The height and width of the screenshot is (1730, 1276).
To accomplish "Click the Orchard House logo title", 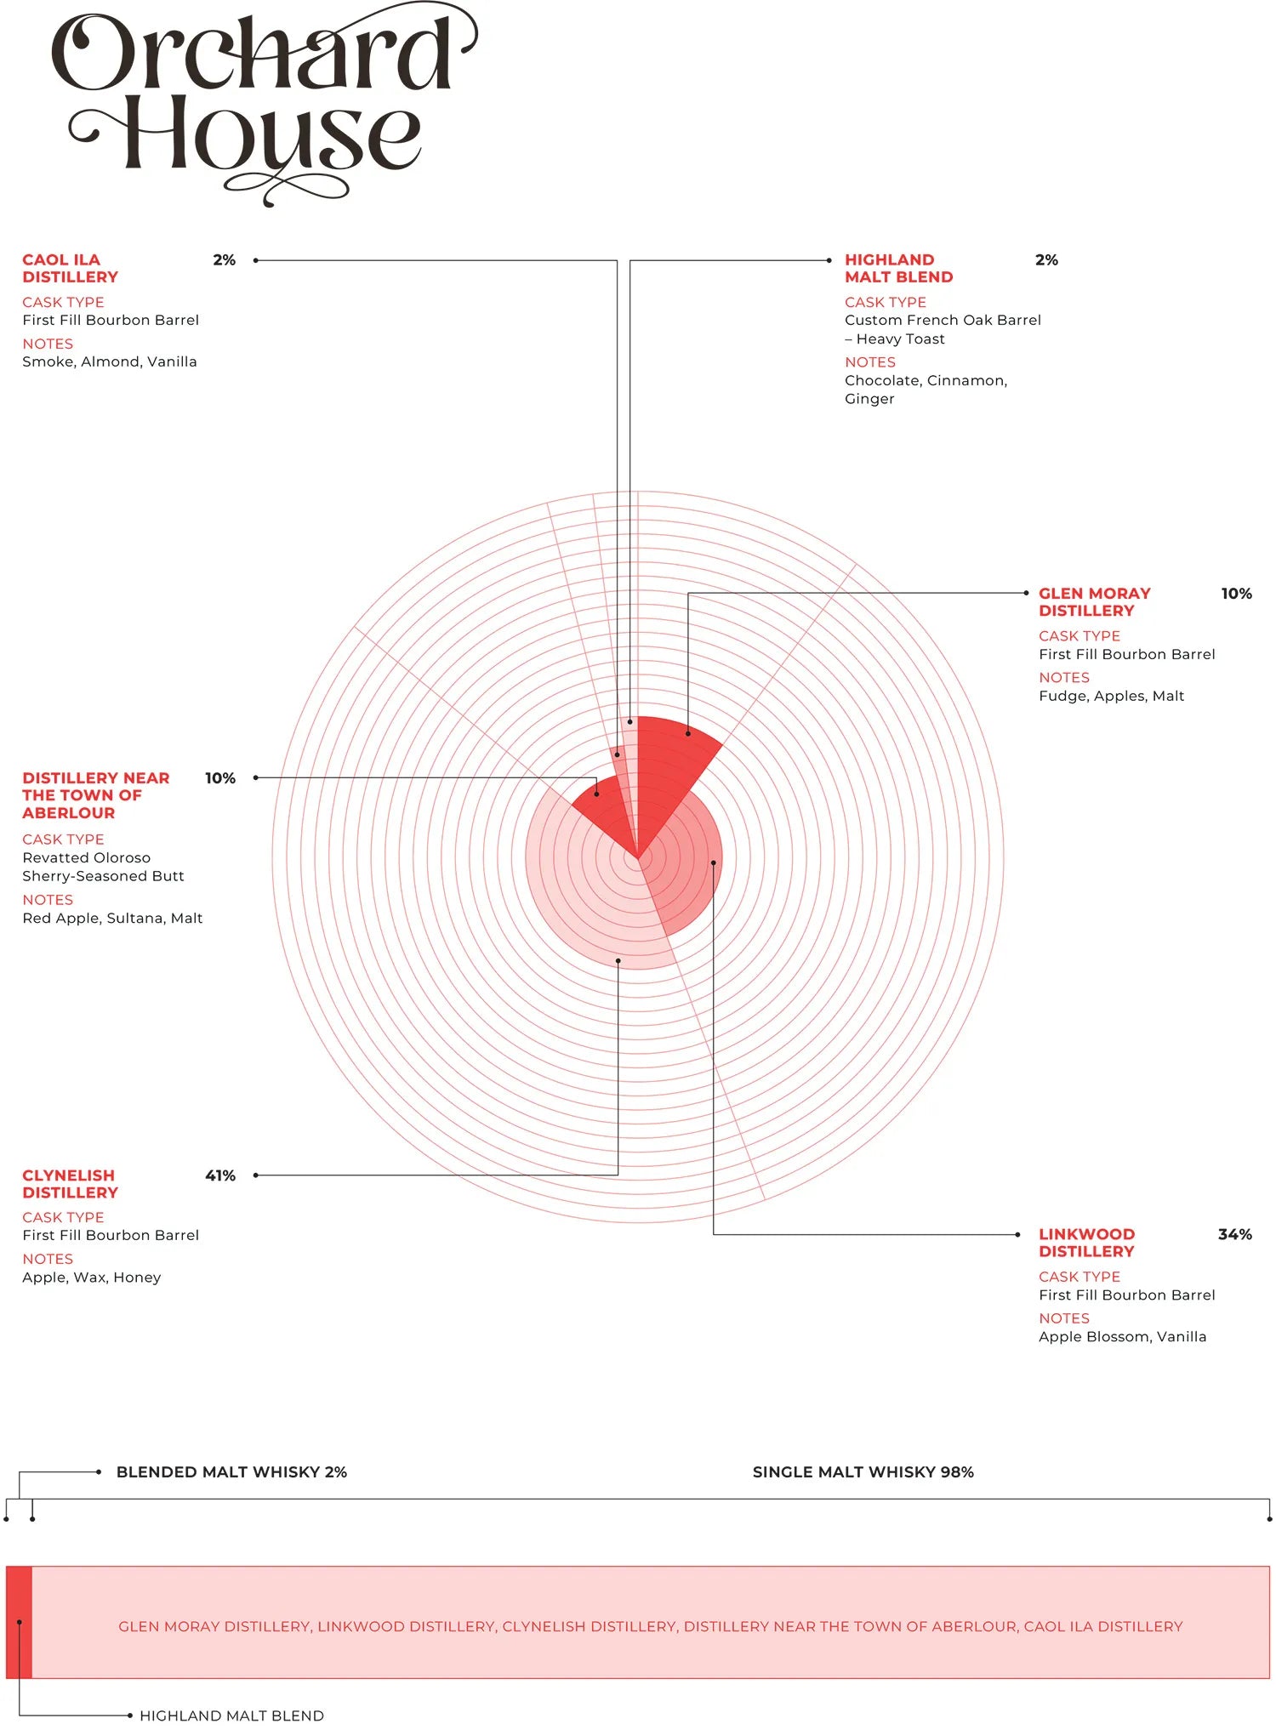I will click(255, 102).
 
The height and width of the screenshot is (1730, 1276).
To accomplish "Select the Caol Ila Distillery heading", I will click(70, 268).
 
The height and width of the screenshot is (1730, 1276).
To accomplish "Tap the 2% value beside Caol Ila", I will click(224, 260).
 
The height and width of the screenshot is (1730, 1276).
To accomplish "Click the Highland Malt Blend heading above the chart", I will click(898, 268).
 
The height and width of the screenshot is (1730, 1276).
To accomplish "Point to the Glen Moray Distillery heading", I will click(1094, 601).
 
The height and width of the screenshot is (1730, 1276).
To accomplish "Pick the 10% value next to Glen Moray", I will click(1236, 594).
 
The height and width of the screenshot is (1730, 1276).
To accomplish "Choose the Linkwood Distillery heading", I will click(1086, 1243).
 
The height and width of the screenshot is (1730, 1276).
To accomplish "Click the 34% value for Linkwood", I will click(1234, 1234).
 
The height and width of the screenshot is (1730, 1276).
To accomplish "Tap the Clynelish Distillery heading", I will click(70, 1184).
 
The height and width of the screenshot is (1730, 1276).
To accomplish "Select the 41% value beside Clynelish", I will click(219, 1175).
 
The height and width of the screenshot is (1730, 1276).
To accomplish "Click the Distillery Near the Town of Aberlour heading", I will click(95, 795).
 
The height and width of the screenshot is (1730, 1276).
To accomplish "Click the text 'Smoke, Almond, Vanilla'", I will click(110, 361).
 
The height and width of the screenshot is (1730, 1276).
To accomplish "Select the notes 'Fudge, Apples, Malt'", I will click(1111, 696).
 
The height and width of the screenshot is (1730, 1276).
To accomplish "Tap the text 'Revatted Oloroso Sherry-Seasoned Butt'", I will click(103, 867).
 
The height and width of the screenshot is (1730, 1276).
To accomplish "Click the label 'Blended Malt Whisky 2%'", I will click(231, 1472).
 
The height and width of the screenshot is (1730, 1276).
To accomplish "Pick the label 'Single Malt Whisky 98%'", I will click(863, 1472).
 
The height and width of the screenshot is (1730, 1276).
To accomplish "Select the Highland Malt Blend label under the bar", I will click(231, 1716).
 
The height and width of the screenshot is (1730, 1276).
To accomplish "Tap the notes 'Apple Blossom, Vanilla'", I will click(1122, 1337).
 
